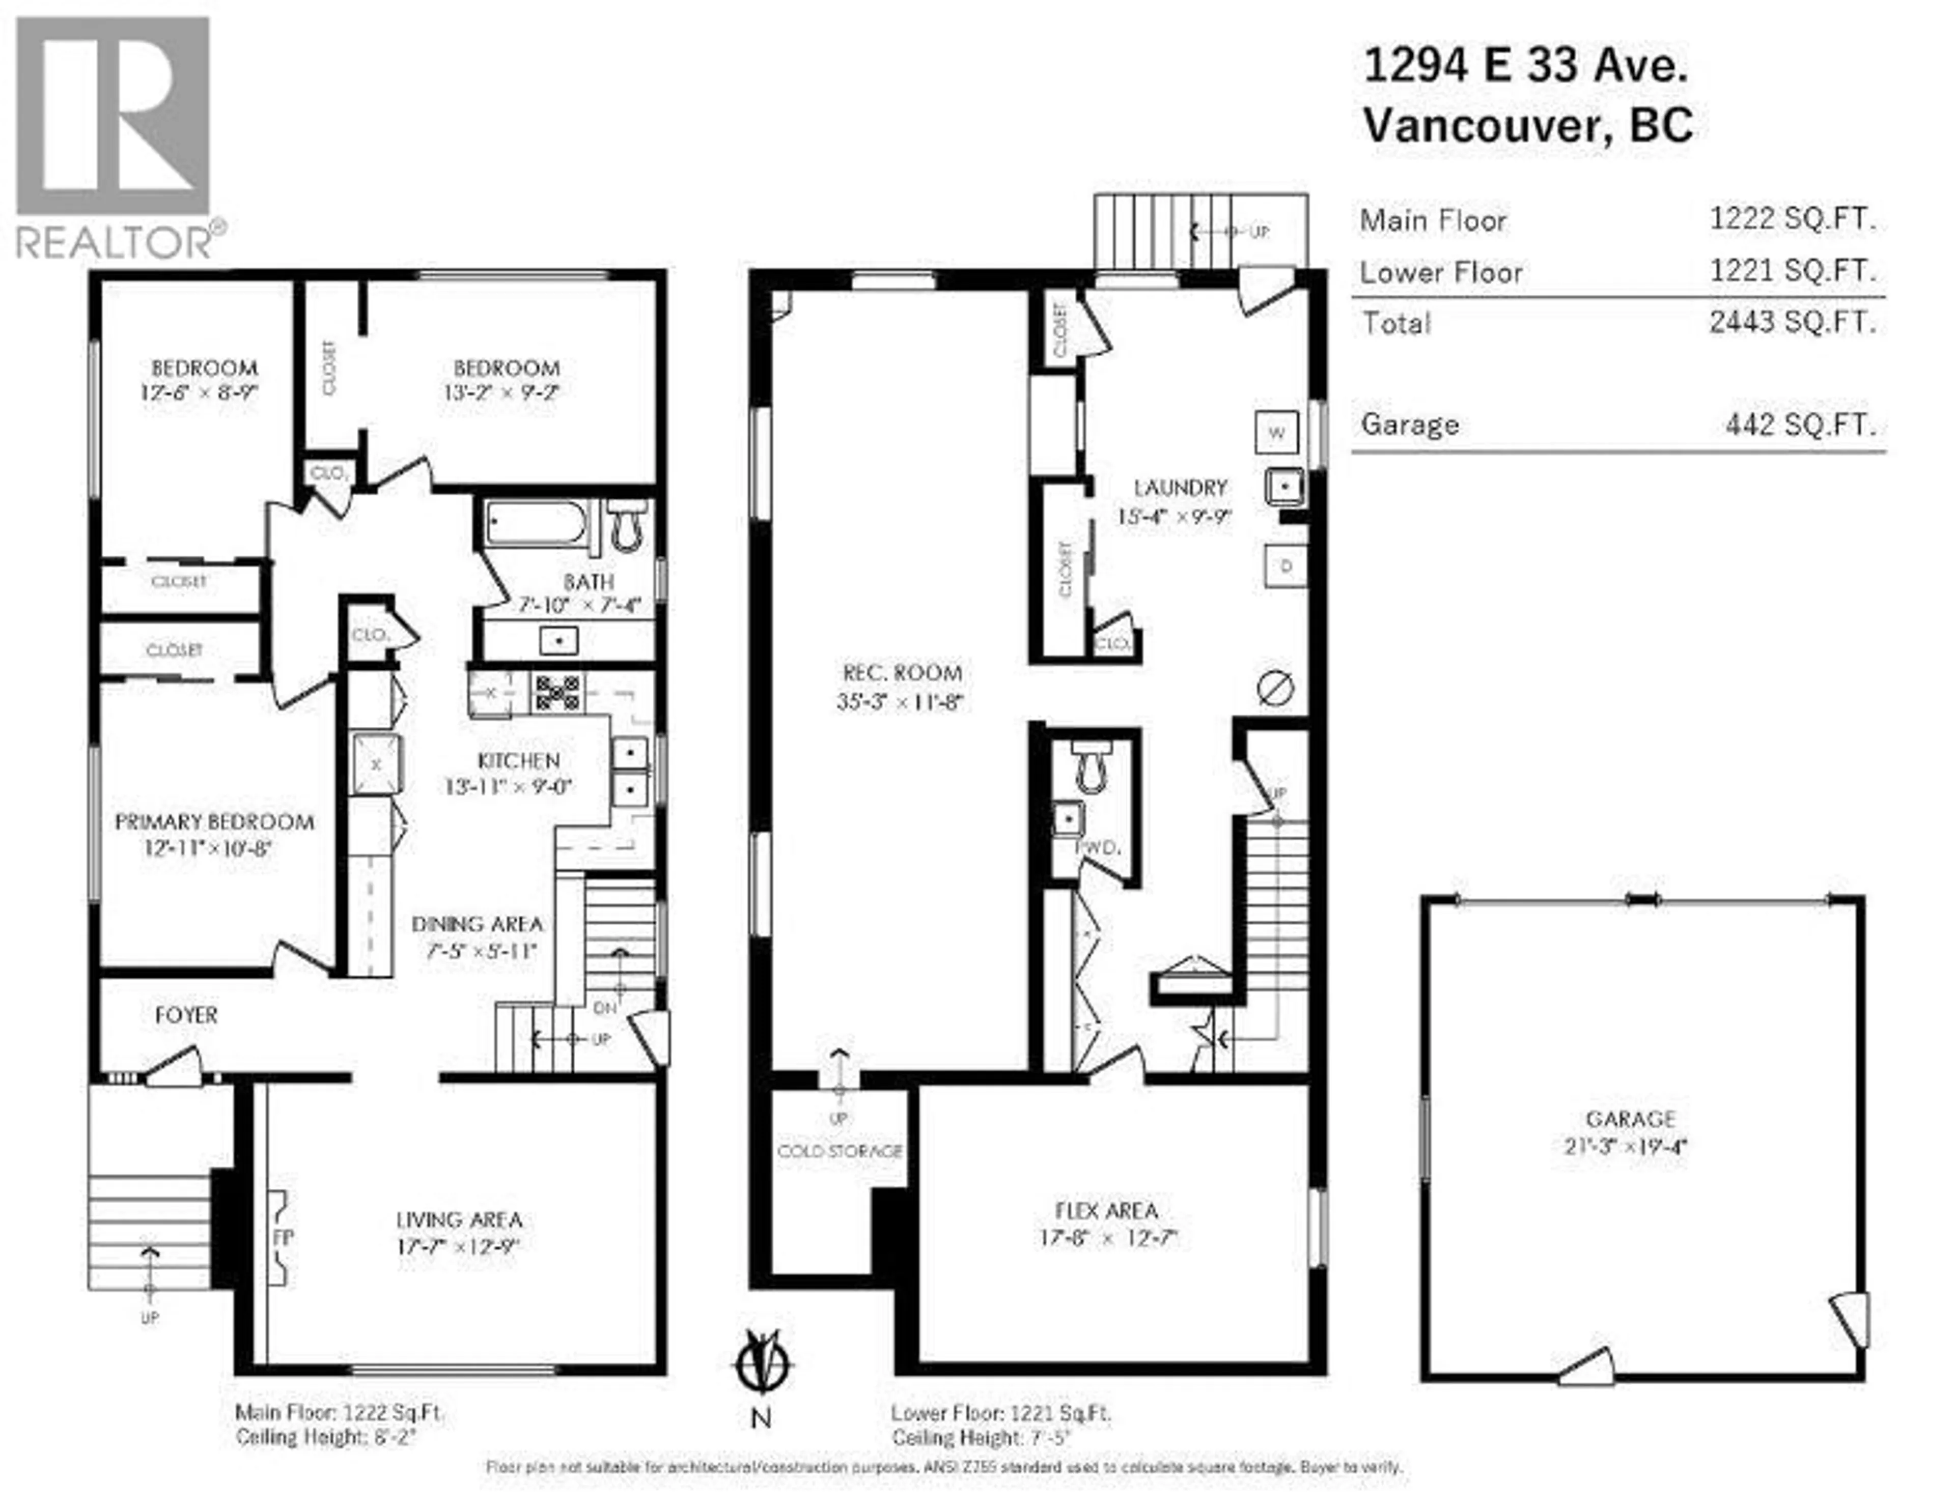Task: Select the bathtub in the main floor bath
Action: click(535, 523)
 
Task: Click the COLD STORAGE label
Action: click(840, 1151)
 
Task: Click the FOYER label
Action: click(186, 1015)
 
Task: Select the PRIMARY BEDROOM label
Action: click(215, 822)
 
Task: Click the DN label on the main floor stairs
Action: click(605, 1008)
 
